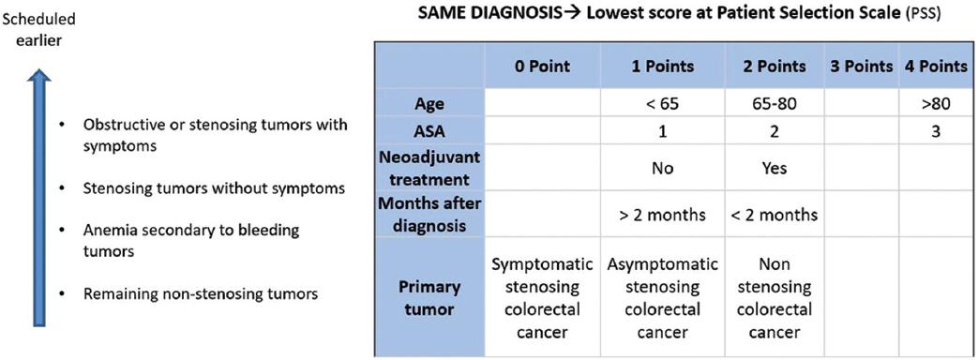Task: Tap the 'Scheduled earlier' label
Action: coord(38,29)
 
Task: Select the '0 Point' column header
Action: coord(542,67)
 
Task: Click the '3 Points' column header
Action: coord(862,67)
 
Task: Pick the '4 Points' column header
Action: coord(934,67)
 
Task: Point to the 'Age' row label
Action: coord(429,104)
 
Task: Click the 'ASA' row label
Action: coord(429,132)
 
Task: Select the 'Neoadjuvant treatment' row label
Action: coord(429,167)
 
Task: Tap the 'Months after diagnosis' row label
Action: coord(429,214)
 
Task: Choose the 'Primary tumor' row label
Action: coord(429,297)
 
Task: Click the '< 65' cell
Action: coord(661,104)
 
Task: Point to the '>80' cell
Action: coord(934,104)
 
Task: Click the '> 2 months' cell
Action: coord(661,215)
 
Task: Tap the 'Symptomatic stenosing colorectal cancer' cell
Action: coord(542,297)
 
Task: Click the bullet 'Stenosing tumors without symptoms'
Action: coord(214,187)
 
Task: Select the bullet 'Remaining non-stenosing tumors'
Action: coord(201,293)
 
